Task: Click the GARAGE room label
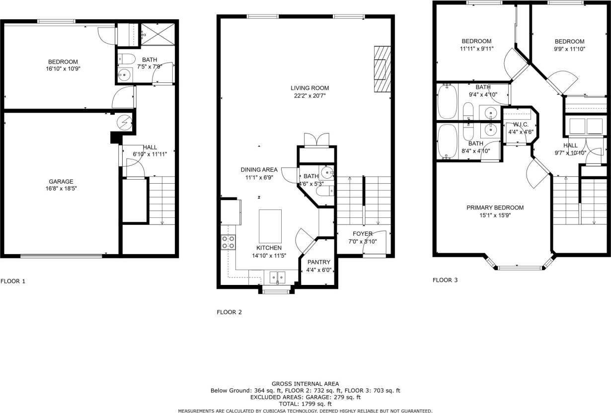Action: (61, 181)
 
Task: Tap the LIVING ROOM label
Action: (310, 88)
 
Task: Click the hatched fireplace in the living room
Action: (382, 69)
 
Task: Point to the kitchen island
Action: (270, 225)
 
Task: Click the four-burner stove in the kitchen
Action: (228, 242)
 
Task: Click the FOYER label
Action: (362, 233)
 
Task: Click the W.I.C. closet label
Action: (521, 124)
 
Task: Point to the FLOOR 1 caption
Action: (13, 281)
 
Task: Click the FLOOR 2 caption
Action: (229, 312)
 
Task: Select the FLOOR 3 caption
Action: (445, 280)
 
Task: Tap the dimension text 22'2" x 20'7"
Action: (310, 96)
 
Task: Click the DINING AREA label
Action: (259, 169)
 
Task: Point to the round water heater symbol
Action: (124, 122)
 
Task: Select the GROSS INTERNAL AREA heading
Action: (305, 384)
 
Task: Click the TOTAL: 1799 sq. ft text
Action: (305, 404)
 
